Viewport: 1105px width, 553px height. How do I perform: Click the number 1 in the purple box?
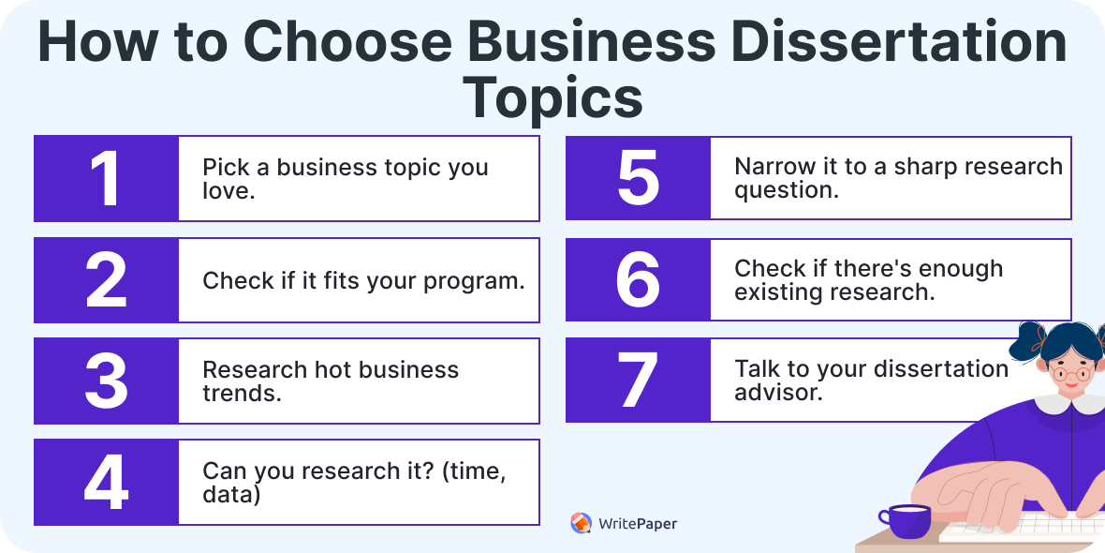[106, 179]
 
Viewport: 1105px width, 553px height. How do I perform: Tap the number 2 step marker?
[106, 280]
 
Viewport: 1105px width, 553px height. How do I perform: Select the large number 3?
[106, 381]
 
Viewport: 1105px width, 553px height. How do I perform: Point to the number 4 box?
[106, 483]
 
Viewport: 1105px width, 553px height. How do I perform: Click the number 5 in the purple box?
[638, 178]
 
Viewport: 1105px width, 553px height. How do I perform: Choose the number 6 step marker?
[638, 279]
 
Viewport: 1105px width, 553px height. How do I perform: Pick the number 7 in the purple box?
[638, 381]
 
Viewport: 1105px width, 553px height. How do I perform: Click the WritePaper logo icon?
[581, 523]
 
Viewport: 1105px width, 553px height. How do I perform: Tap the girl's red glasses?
[1071, 373]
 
